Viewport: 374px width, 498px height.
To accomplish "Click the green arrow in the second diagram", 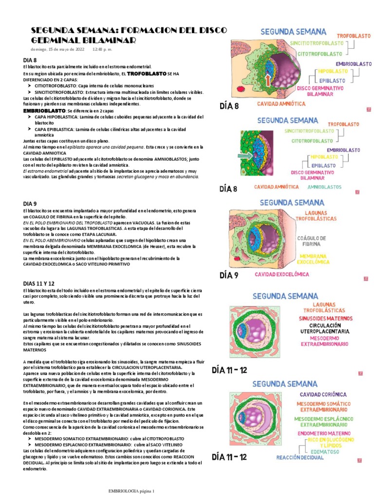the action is [x=244, y=156].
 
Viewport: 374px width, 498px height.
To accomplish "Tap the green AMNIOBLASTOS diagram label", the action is [x=324, y=186].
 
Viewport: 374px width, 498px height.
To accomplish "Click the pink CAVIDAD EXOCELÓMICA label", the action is [x=282, y=274].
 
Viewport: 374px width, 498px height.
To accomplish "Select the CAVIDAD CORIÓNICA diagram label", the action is [x=323, y=394].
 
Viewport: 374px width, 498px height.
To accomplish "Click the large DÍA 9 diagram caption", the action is [x=229, y=275].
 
